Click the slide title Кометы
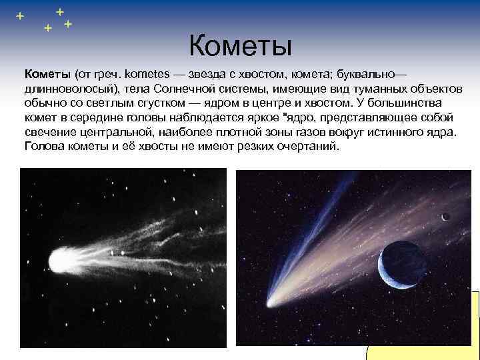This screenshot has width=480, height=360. click(241, 46)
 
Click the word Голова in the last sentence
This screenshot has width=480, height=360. click(46, 147)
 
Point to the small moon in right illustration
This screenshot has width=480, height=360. click(445, 215)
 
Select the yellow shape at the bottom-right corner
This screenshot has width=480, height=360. click(427, 333)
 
